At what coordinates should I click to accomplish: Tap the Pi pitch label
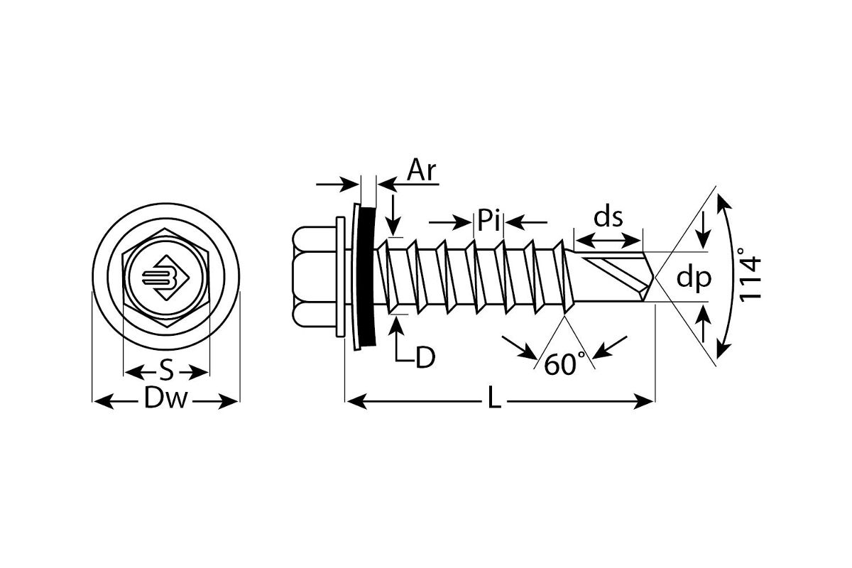pos(488,222)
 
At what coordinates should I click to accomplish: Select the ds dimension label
pos(608,217)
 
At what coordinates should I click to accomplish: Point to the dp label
pos(693,278)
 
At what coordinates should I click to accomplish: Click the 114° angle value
pos(750,275)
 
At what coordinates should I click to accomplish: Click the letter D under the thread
pos(425,358)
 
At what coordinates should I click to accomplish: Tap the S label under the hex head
pos(166,371)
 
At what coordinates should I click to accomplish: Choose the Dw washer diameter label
pos(166,401)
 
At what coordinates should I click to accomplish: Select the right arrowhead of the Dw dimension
pos(233,402)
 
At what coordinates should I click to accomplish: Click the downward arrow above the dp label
pos(703,238)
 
